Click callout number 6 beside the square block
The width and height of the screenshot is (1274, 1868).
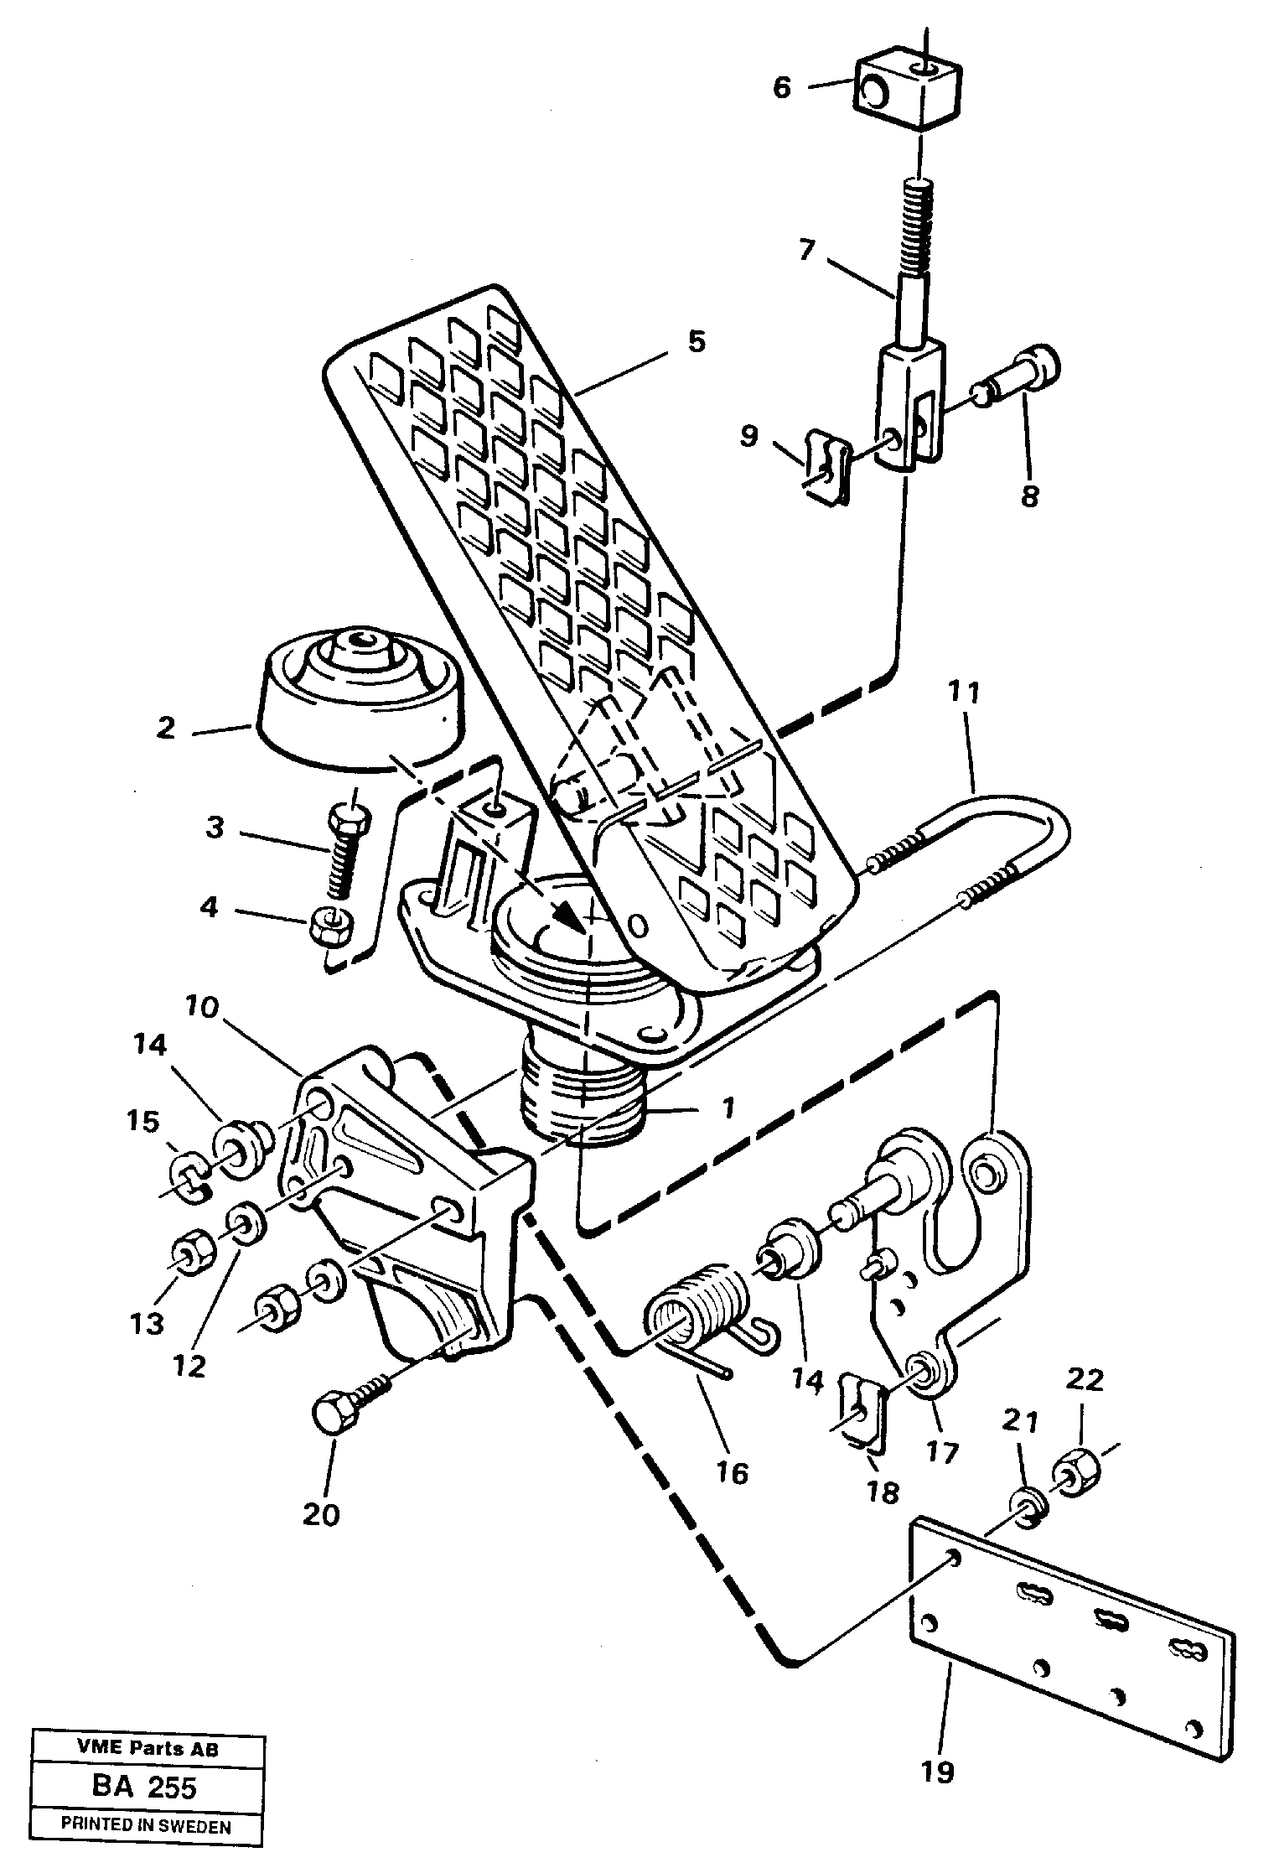[x=781, y=87]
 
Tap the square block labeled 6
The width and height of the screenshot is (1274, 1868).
[x=908, y=88]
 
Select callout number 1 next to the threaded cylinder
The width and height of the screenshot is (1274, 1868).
[x=728, y=1108]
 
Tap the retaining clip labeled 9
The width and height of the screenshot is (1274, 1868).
[x=827, y=468]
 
